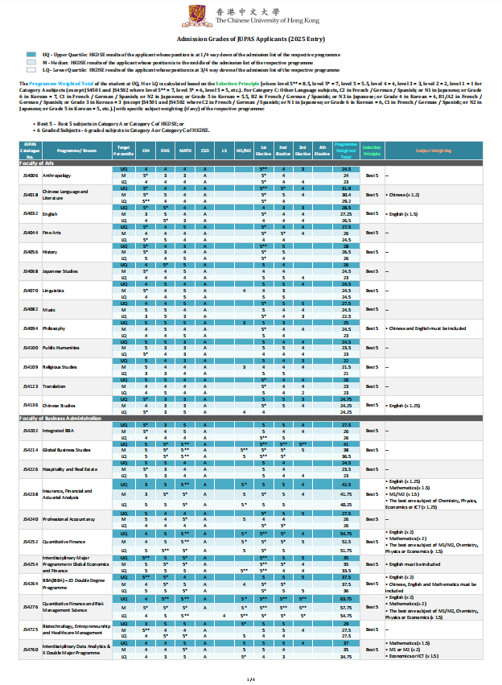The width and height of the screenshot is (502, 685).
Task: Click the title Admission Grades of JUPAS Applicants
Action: pos(251,39)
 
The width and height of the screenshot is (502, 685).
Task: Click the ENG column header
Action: pos(166,149)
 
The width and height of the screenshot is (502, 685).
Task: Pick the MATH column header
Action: pos(185,149)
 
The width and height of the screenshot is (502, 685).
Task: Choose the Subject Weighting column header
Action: pos(434,149)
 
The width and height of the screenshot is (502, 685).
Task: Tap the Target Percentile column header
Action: pos(124,149)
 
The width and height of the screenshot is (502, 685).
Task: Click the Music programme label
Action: pos(48,309)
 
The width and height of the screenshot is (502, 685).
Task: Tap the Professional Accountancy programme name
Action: pos(69,520)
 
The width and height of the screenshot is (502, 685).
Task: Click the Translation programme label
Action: pos(53,386)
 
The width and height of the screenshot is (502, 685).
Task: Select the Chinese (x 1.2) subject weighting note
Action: pos(403,195)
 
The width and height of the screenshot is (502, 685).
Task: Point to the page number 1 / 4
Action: pos(251,679)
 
